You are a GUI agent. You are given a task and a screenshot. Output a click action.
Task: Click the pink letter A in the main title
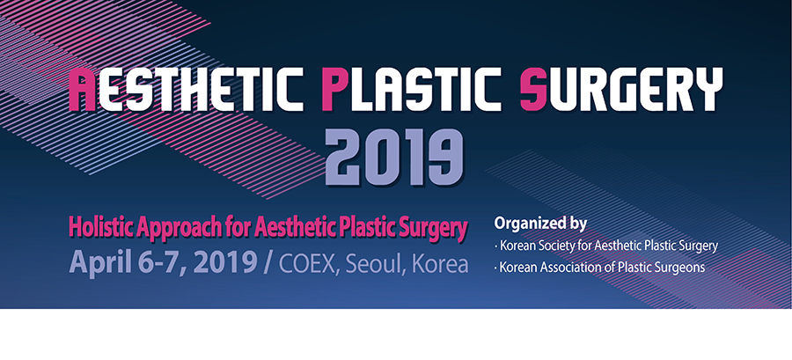[83, 89]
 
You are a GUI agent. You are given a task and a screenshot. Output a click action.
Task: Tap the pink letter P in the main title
[334, 89]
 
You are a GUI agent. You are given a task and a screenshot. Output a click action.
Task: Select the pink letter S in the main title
[534, 89]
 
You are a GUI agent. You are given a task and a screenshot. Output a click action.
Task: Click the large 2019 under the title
[394, 157]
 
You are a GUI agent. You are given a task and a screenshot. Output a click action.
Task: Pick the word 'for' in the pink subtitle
[237, 228]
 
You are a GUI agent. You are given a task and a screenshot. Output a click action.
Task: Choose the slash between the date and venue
[268, 263]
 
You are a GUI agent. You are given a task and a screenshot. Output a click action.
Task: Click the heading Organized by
[540, 224]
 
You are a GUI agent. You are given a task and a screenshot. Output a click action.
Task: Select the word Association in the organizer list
[561, 267]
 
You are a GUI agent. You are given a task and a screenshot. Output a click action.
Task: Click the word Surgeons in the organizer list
[683, 268]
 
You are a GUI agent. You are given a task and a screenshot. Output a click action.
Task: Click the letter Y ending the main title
[708, 89]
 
